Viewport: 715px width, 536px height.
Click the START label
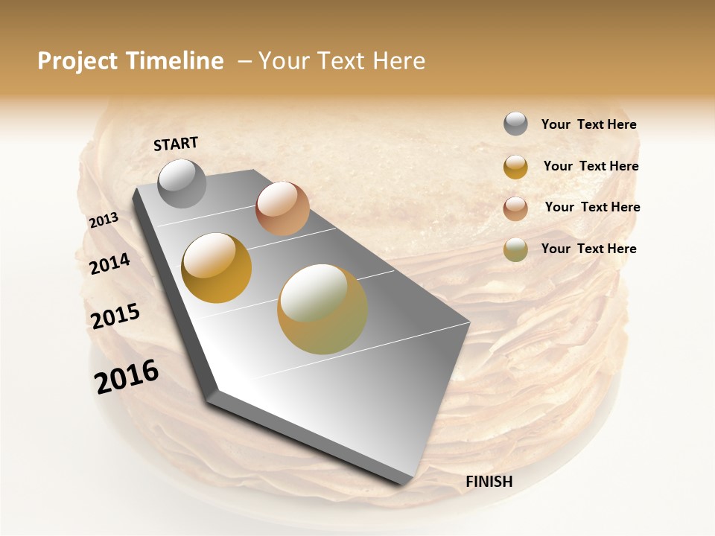[176, 144]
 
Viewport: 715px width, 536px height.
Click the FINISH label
[489, 482]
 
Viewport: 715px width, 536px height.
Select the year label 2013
[104, 220]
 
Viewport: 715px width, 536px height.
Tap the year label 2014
[109, 264]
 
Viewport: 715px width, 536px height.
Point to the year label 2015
[115, 316]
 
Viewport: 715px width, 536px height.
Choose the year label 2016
[127, 377]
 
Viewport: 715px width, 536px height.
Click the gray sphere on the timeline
[182, 183]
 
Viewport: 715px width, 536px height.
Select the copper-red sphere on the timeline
[282, 208]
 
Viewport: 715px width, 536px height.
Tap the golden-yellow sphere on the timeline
[217, 268]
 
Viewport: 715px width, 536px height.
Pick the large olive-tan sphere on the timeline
[322, 309]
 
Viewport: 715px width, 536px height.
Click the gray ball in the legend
[515, 124]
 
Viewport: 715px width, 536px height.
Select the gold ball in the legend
[515, 167]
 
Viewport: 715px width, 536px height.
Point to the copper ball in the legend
[515, 208]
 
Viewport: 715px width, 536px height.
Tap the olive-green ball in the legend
[515, 249]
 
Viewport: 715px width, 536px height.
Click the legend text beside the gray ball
[588, 125]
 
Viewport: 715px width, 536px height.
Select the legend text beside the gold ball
[591, 166]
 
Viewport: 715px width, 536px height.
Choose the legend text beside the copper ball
[592, 207]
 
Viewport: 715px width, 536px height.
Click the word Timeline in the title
[175, 61]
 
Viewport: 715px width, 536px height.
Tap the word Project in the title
[77, 61]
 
